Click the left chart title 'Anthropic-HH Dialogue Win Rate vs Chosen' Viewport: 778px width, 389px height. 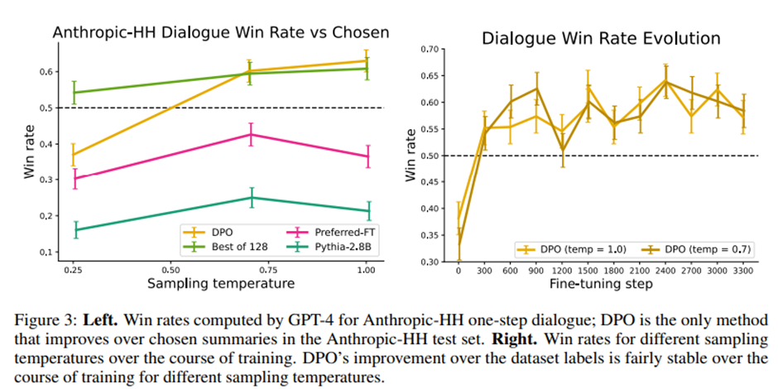pyautogui.click(x=220, y=32)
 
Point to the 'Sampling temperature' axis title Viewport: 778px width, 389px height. pyautogui.click(x=218, y=283)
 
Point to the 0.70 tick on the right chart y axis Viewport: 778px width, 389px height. pyautogui.click(x=429, y=50)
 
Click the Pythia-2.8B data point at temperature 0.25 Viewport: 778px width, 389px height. pyautogui.click(x=73, y=230)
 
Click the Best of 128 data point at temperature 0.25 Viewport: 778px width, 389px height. pyautogui.click(x=73, y=92)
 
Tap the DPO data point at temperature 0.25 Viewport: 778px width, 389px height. pyautogui.click(x=73, y=155)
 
